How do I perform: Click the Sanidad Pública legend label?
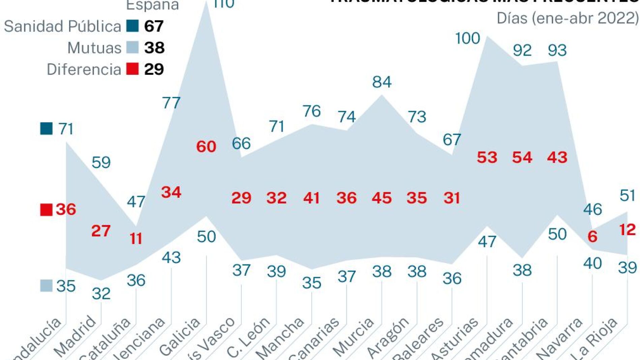point(62,27)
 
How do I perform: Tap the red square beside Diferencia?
point(132,69)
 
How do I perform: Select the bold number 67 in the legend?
point(154,26)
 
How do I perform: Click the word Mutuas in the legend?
point(94,48)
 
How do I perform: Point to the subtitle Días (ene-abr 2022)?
point(568,18)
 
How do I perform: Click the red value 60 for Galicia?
point(206,146)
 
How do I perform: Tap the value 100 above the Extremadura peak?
point(467,38)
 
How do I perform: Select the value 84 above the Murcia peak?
point(382,82)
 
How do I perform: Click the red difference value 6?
point(592,237)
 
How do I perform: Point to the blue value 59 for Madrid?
point(101,163)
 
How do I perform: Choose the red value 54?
point(522,157)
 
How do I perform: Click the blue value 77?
point(171,103)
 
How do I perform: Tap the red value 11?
point(136,239)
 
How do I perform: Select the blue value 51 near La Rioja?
point(627,196)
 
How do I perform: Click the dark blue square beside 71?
point(47,128)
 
